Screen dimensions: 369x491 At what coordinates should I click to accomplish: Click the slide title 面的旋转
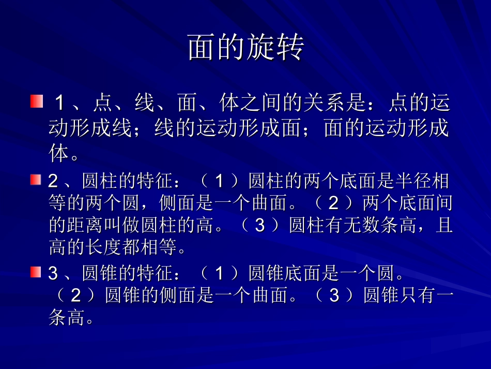pos(245,48)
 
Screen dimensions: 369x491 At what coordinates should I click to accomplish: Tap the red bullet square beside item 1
pos(36,101)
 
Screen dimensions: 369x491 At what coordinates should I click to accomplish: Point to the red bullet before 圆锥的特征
pos(35,272)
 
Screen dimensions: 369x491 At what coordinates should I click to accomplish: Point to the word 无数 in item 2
pos(356,226)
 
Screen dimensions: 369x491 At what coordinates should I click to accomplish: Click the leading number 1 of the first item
pos(60,104)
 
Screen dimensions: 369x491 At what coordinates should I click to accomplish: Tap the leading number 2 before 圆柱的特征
pos(53,182)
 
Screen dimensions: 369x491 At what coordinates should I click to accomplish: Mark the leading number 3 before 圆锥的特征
pos(53,274)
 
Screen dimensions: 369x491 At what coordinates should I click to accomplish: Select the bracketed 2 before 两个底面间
pos(334,204)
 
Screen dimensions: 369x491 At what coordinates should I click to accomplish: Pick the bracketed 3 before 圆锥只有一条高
pos(334,296)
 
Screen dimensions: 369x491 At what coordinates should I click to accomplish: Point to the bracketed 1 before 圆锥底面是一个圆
pos(220,274)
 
